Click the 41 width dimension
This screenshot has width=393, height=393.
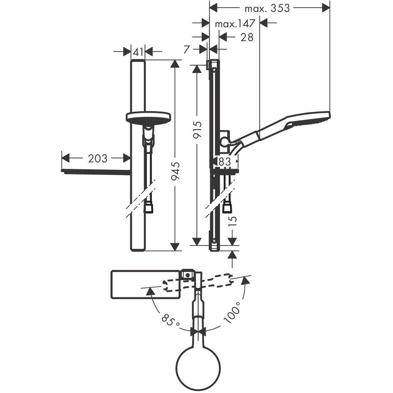click(x=138, y=51)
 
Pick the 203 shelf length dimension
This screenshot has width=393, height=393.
click(x=97, y=158)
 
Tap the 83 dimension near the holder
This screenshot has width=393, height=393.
click(x=225, y=161)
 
